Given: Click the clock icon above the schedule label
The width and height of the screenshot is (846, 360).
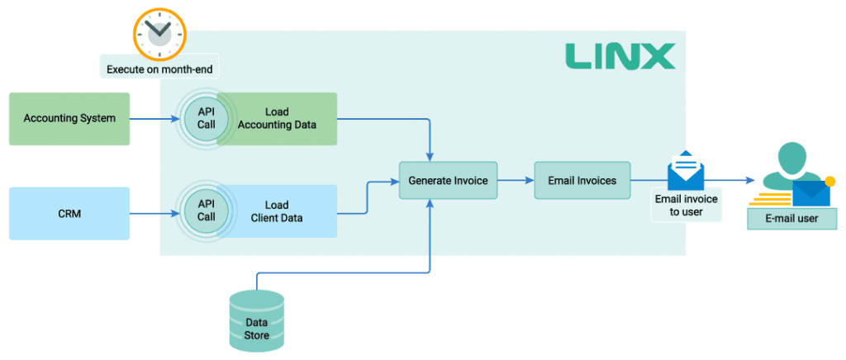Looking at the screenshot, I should pos(159,33).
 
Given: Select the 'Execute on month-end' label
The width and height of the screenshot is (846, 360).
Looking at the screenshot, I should pos(159,69).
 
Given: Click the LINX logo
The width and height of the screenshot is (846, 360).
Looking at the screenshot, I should pos(620,56).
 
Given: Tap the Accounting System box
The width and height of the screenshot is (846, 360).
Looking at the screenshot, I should pos(69,119).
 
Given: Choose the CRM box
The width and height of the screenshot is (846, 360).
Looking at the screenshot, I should pos(69,213).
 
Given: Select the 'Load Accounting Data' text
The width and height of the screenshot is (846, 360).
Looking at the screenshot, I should pos(277,118).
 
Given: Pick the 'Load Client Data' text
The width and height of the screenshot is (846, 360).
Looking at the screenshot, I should pos(277,211).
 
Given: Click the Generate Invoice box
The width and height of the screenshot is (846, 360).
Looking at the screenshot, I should pos(448,180).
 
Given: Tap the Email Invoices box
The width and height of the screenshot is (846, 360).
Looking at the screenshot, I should pos(582,180).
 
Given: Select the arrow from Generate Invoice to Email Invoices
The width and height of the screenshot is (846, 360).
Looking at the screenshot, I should pos(516,180).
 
